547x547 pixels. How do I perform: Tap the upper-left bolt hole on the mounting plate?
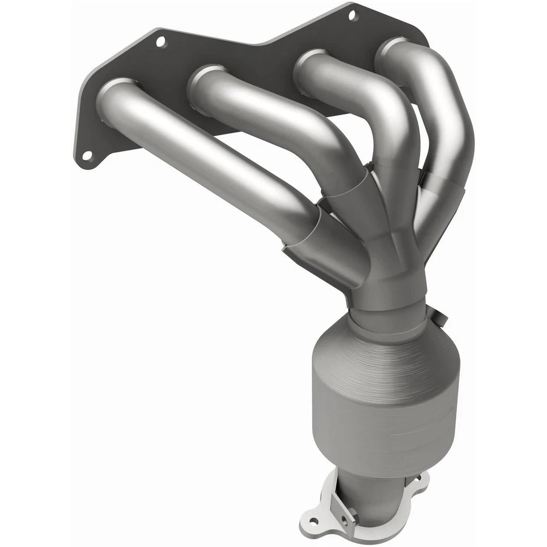tap(161, 41)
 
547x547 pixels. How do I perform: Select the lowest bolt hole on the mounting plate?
tap(87, 155)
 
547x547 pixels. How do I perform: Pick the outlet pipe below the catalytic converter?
tap(365, 496)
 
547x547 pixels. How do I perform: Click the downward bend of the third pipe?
tap(393, 114)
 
